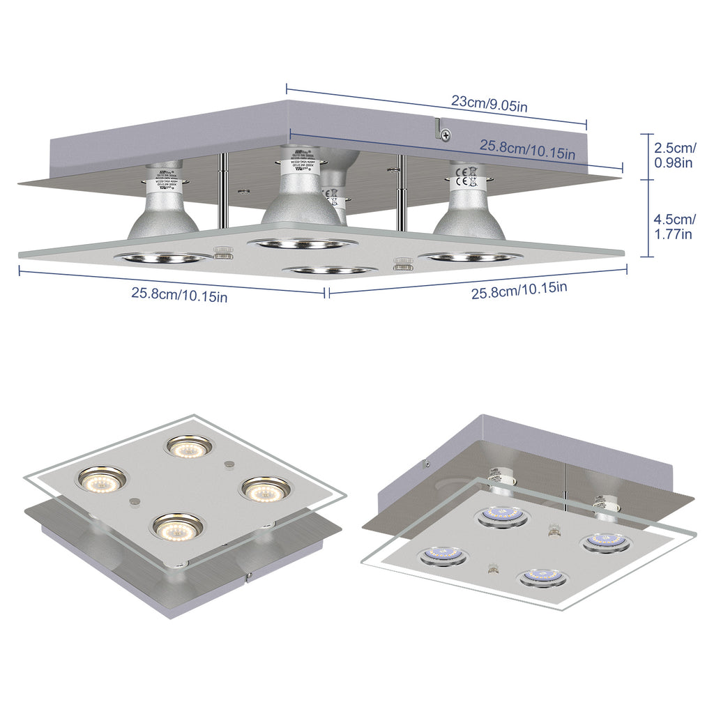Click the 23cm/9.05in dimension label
(x=488, y=102)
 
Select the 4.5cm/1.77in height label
(x=674, y=227)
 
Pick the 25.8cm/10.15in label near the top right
(x=527, y=149)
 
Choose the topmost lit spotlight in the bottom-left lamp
(x=188, y=446)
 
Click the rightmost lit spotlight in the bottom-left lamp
(x=266, y=489)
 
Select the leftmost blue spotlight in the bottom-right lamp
(x=443, y=556)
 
